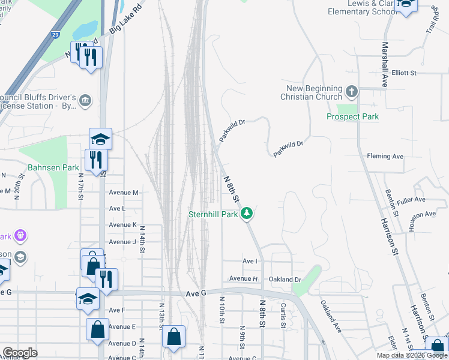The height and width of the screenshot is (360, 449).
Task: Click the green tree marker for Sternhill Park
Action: [247, 213]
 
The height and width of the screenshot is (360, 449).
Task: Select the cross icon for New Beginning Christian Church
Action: [352, 92]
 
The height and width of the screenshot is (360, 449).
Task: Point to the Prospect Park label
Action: [352, 116]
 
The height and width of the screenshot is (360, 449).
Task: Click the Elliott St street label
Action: [404, 73]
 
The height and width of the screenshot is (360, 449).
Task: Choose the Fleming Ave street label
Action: [385, 157]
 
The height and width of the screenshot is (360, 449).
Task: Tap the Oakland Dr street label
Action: [285, 280]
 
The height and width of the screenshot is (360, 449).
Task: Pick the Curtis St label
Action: [283, 315]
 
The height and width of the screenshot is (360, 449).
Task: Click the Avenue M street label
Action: [124, 193]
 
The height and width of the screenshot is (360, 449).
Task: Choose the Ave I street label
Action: [250, 262]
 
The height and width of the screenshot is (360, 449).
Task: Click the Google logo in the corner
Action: [20, 353]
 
